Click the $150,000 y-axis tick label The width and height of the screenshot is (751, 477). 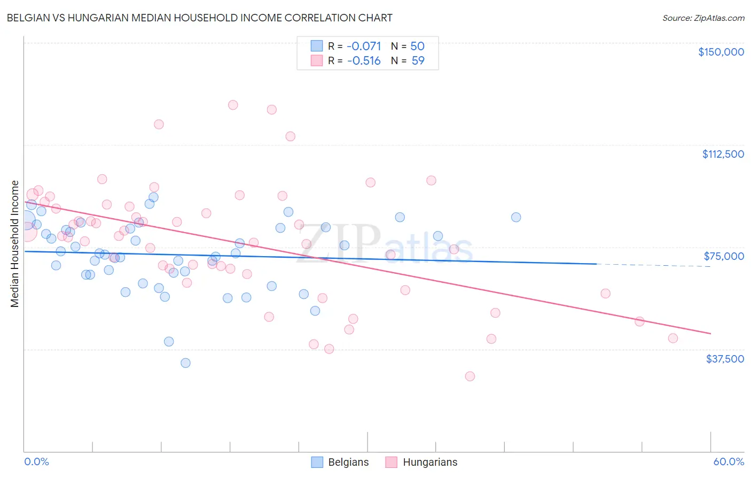[721, 52]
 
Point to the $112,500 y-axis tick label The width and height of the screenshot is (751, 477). [723, 154]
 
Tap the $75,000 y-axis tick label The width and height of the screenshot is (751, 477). [724, 256]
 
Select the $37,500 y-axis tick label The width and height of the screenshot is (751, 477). [725, 359]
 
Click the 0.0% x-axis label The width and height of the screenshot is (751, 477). [36, 461]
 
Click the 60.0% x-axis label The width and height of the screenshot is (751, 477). [729, 461]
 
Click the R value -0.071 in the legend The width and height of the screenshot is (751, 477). [364, 46]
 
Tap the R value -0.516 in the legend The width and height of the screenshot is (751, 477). [364, 60]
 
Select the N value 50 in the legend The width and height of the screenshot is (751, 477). [417, 46]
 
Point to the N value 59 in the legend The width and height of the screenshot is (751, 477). [418, 60]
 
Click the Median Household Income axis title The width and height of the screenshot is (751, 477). [14, 244]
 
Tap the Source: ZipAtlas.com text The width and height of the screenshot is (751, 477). [703, 18]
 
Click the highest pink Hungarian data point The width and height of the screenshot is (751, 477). [233, 105]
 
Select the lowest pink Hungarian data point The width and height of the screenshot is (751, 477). [470, 376]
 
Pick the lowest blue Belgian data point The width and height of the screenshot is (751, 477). [185, 363]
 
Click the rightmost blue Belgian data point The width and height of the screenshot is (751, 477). [516, 217]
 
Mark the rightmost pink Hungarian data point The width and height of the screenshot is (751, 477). [673, 338]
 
